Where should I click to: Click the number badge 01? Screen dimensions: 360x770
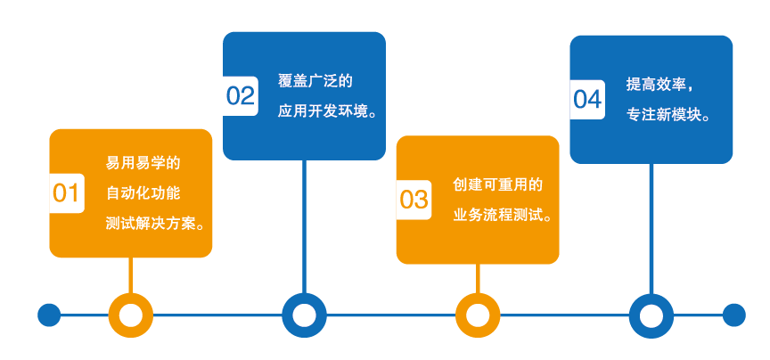pyautogui.click(x=66, y=193)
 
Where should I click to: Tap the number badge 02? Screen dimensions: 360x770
pyautogui.click(x=240, y=95)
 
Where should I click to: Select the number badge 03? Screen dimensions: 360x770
pyautogui.click(x=414, y=199)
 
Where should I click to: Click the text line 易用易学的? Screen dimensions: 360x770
pyautogui.click(x=143, y=163)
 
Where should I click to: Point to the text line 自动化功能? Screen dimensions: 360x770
pyautogui.click(x=143, y=192)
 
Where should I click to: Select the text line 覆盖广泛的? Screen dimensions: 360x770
pyautogui.click(x=315, y=82)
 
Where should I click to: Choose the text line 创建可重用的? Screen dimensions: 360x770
pyautogui.click(x=498, y=184)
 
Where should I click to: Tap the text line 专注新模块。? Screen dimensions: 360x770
pyautogui.click(x=668, y=115)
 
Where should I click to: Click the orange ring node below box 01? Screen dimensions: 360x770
pyautogui.click(x=130, y=315)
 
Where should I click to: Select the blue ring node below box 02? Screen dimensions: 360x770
pyautogui.click(x=304, y=315)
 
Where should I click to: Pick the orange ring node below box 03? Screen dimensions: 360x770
pyautogui.click(x=478, y=315)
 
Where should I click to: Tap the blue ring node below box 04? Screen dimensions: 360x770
pyautogui.click(x=651, y=315)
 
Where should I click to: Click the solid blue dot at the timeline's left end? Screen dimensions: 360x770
pyautogui.click(x=49, y=315)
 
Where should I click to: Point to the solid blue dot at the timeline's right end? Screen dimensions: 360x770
pyautogui.click(x=733, y=315)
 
